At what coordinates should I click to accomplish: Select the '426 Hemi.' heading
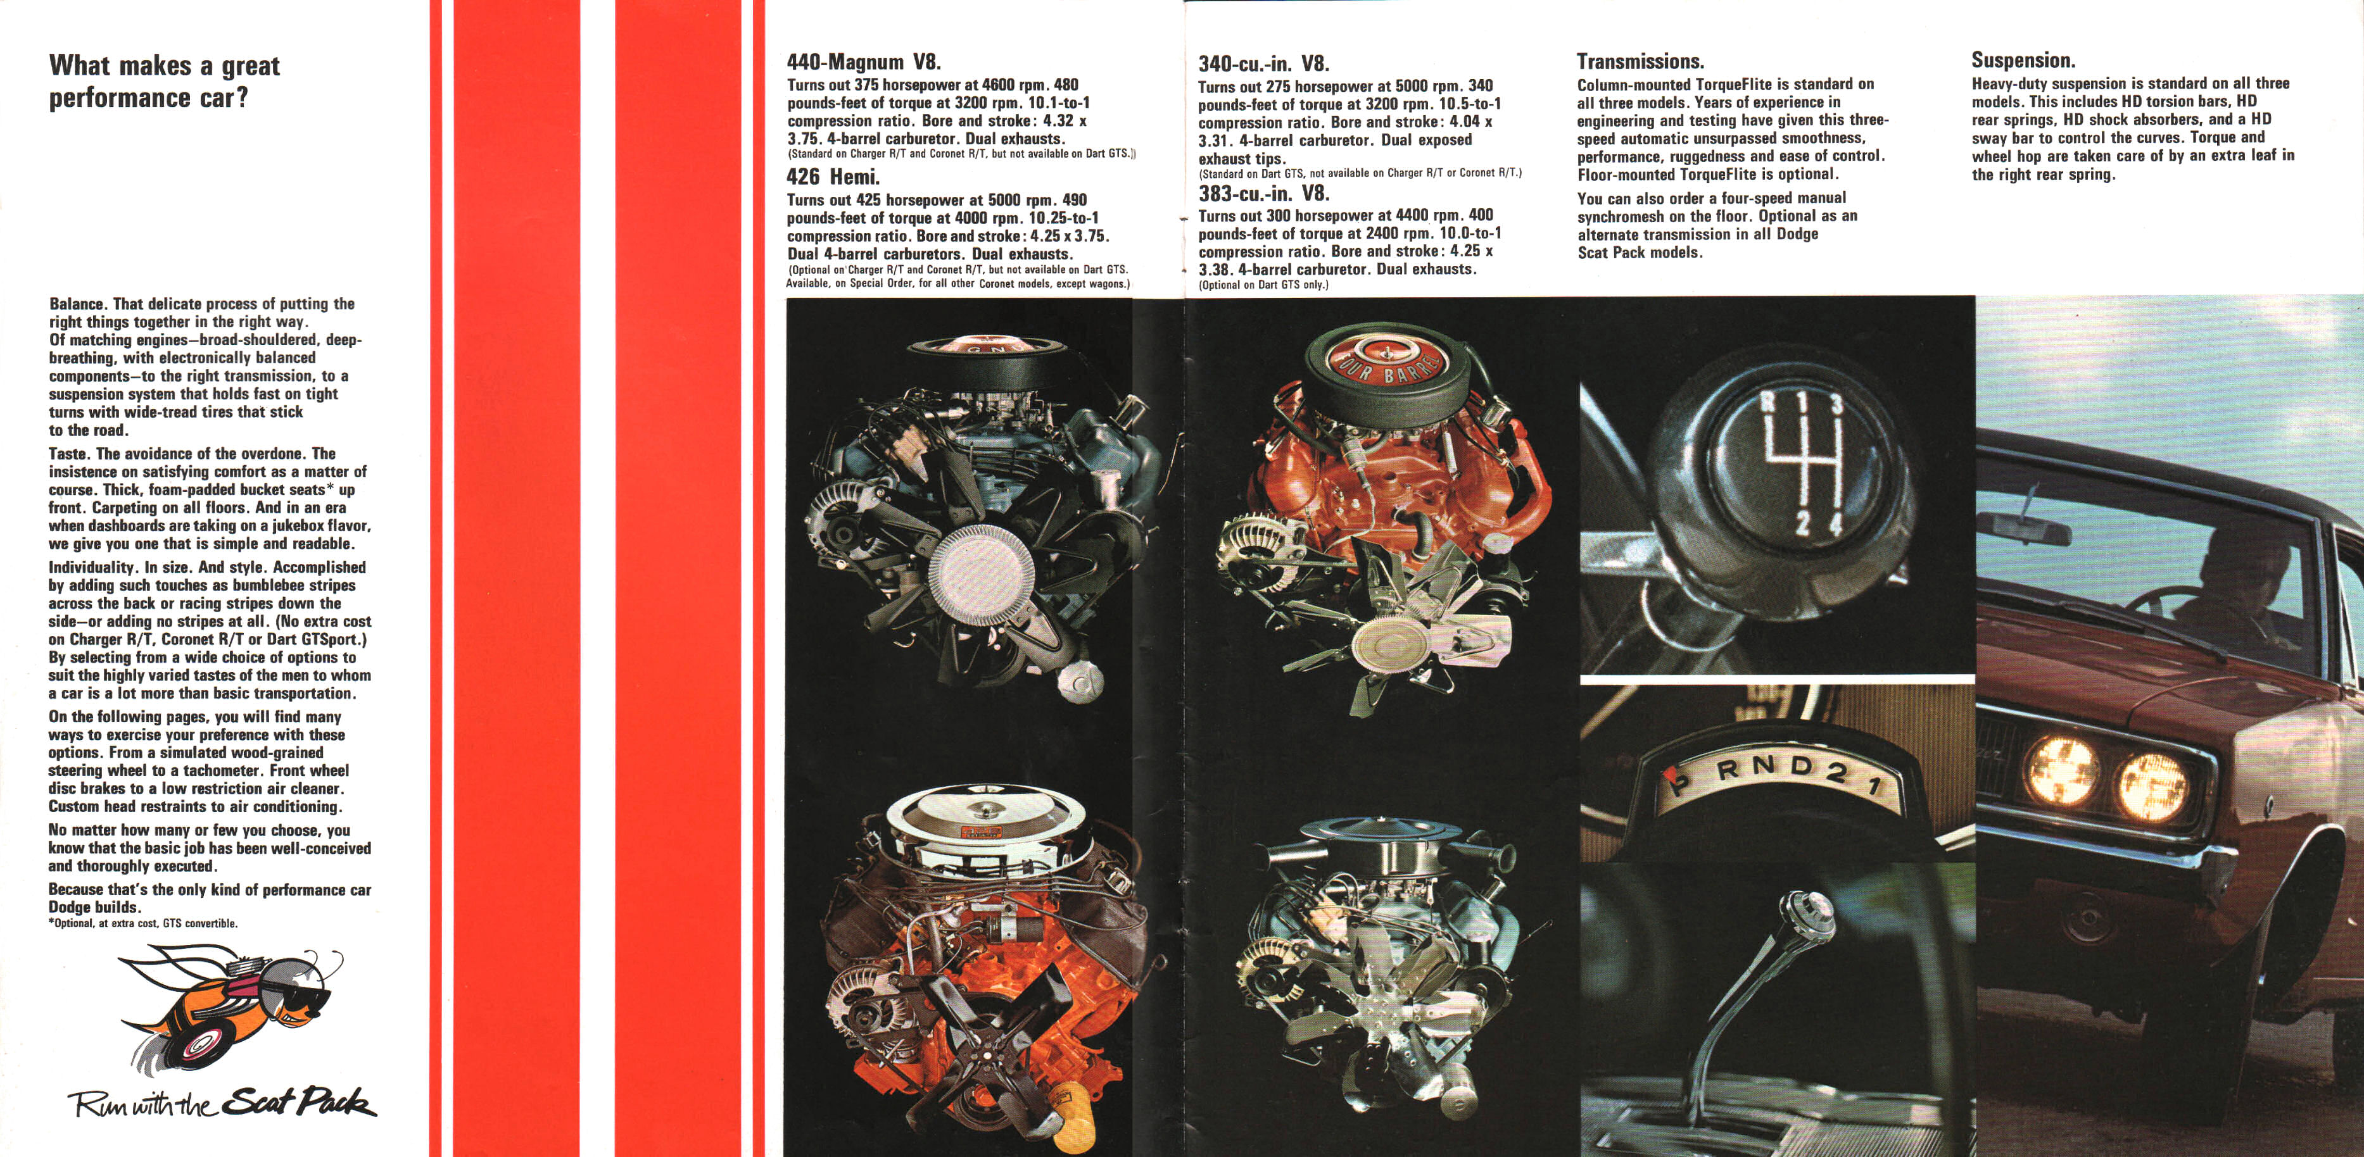(832, 177)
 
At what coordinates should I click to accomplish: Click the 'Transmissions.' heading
(1640, 61)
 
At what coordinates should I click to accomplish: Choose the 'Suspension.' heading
(2023, 61)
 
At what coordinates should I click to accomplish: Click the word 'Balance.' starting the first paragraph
(78, 304)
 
